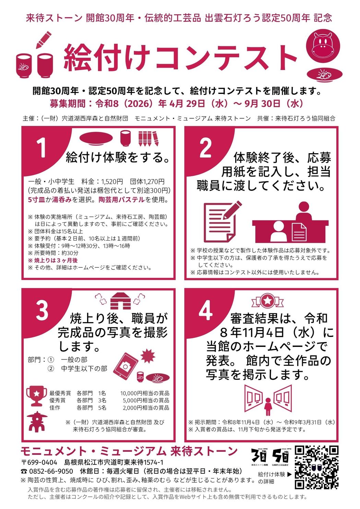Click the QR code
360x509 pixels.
click(x=316, y=467)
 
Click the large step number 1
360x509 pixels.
click(x=41, y=148)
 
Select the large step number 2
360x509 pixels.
click(x=205, y=148)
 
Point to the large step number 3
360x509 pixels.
click(x=42, y=310)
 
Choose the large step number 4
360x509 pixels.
click(x=205, y=310)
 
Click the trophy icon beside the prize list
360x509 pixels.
click(x=37, y=396)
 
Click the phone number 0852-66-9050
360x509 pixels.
click(x=51, y=471)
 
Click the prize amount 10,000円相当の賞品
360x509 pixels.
click(x=144, y=393)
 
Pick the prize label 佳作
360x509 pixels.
click(x=55, y=408)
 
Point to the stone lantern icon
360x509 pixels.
click(x=36, y=422)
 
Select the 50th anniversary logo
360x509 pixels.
click(x=280, y=456)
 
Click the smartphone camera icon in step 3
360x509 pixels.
click(x=125, y=366)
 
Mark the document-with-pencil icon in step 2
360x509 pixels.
click(x=221, y=221)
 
